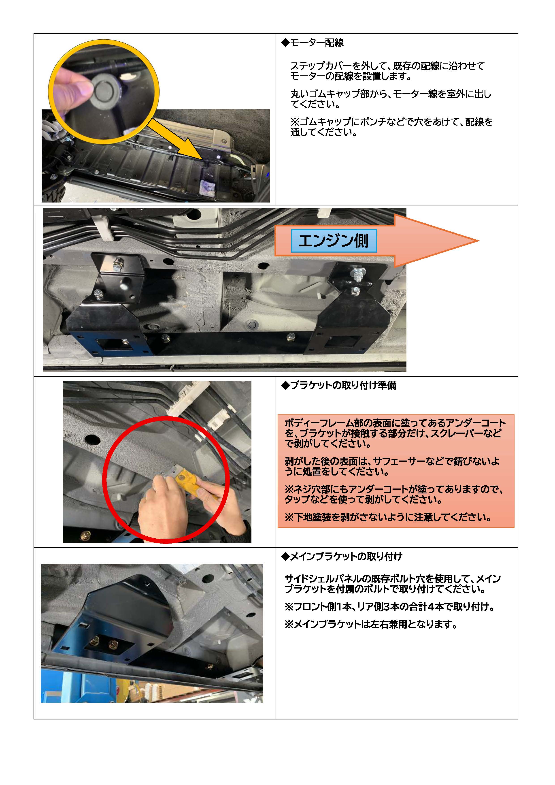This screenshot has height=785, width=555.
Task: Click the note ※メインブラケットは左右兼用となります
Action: [x=371, y=624]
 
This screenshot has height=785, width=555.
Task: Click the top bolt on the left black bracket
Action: [x=117, y=263]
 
